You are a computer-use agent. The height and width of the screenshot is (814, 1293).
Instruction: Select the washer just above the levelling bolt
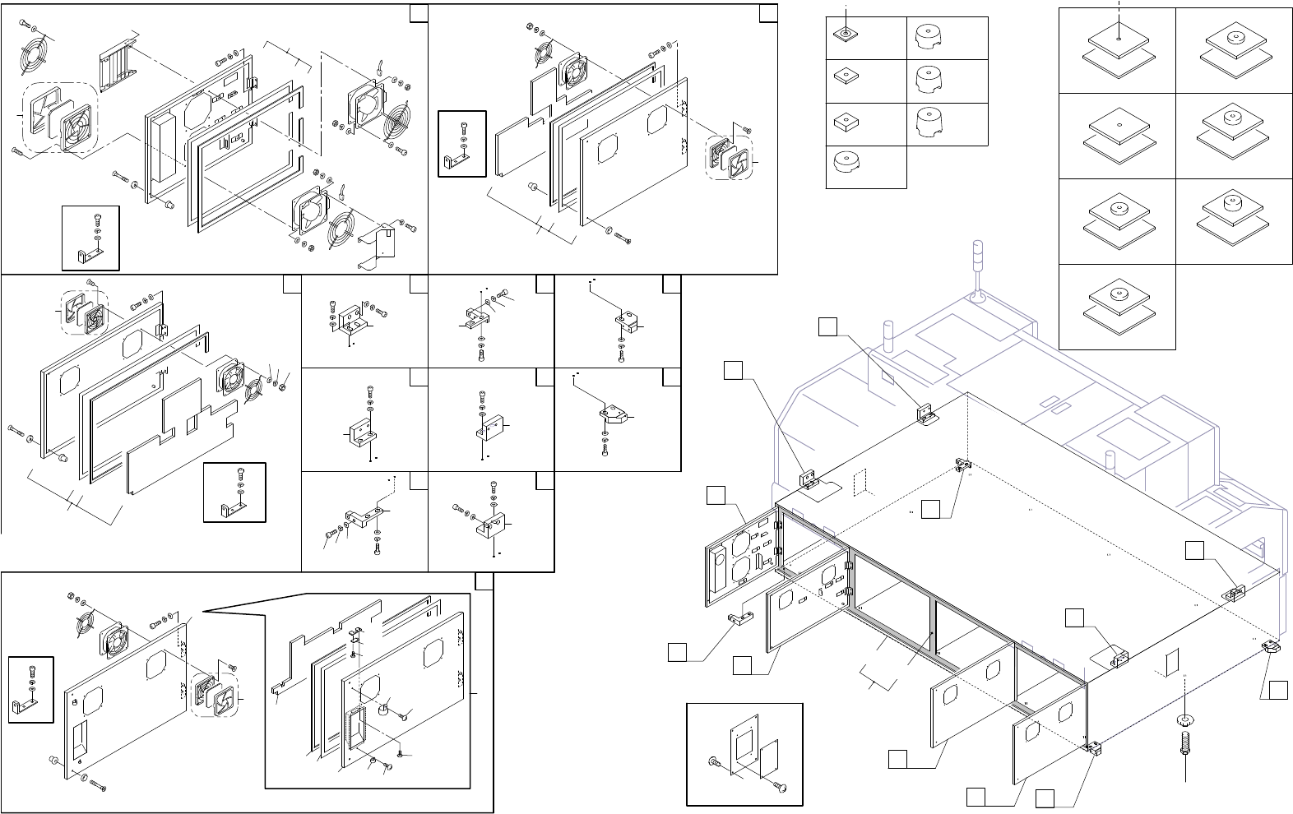[x=1184, y=721]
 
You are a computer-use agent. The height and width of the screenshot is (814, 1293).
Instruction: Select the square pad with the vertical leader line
[x=846, y=34]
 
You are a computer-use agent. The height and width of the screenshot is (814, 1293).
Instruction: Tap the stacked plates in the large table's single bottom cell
[x=1116, y=303]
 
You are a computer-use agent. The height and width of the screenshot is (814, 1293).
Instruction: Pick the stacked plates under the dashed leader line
[x=1116, y=49]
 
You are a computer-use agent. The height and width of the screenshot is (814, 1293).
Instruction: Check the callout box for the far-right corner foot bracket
[x=1277, y=691]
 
